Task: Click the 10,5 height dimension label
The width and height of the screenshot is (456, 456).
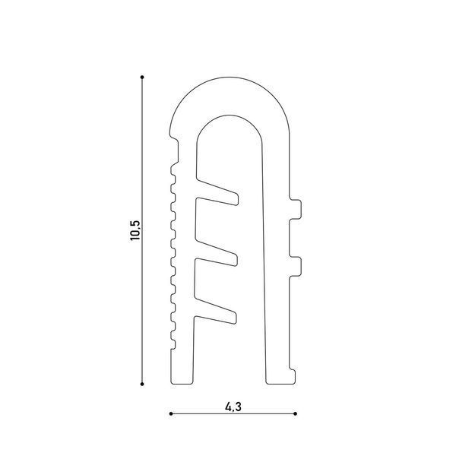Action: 135,230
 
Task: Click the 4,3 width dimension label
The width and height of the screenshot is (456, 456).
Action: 233,407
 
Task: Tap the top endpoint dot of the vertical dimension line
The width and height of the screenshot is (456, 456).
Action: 142,77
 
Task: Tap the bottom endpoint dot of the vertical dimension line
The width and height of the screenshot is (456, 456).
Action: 142,384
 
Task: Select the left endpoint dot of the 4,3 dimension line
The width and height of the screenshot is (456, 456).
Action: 171,413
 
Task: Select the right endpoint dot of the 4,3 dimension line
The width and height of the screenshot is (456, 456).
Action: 296,413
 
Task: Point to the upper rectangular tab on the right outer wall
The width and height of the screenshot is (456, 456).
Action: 296,209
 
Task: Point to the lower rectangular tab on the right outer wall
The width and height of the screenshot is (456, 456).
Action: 296,266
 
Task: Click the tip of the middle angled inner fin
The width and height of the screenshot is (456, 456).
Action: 236,260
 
